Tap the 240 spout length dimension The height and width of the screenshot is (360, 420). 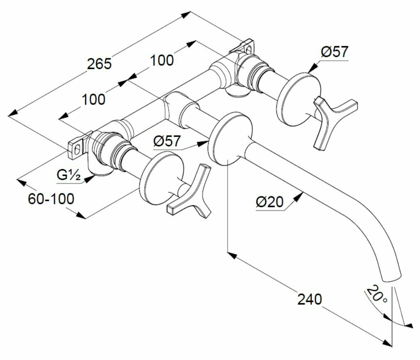[310, 299]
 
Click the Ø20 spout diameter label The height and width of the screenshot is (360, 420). [269, 202]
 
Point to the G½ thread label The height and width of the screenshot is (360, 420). [68, 175]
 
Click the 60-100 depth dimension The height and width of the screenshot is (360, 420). [51, 199]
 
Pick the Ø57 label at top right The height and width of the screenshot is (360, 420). [334, 52]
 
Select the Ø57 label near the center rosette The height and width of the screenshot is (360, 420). [167, 142]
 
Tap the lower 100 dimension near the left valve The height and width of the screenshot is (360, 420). [93, 99]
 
